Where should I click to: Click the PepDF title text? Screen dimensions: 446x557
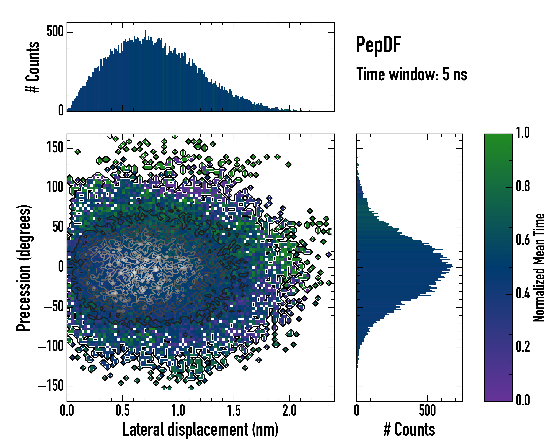(378, 45)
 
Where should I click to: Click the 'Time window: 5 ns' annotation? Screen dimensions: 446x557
(412, 74)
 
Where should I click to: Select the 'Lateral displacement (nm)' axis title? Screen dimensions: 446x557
(200, 429)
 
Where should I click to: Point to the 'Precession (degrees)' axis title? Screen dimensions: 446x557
(24, 268)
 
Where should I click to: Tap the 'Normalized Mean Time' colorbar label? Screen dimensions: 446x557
(539, 268)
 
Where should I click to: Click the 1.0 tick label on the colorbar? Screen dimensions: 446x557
(523, 133)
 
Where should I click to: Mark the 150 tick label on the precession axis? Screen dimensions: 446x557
(55, 148)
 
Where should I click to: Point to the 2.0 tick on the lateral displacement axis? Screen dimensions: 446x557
(289, 411)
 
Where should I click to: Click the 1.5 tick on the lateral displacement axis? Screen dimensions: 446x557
(234, 411)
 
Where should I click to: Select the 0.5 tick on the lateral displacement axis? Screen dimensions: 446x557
(123, 411)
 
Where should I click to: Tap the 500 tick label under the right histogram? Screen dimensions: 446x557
(427, 411)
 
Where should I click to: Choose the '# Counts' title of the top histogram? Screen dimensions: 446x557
(33, 67)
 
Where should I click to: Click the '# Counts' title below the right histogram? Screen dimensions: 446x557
(409, 429)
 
